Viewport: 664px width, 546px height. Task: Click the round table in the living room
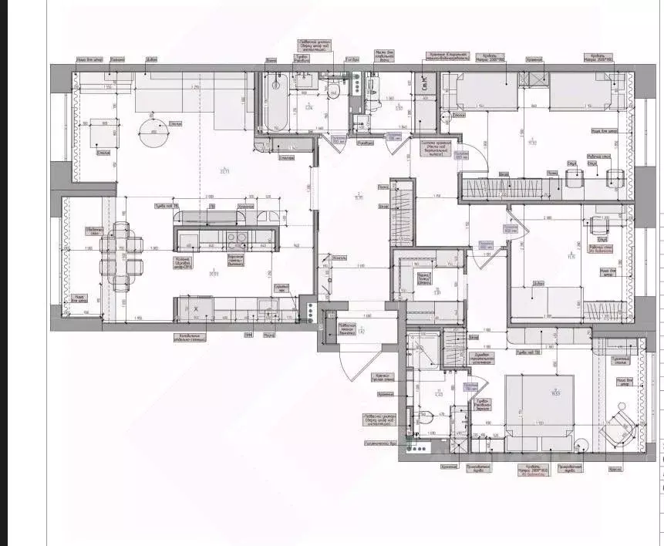[x=153, y=133]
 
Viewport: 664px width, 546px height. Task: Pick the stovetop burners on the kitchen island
[x=240, y=238]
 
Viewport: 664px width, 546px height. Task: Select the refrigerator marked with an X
[x=196, y=309]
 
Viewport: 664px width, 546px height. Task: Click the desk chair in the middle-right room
[x=597, y=226]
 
